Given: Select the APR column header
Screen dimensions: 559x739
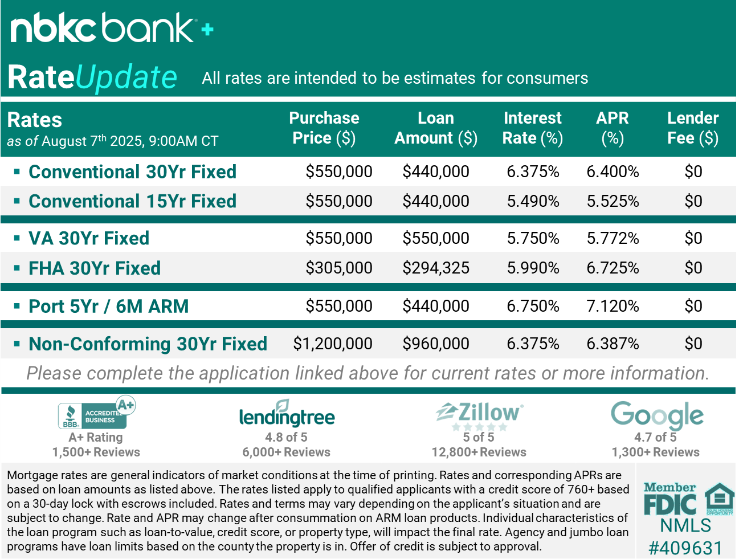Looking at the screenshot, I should (x=613, y=128).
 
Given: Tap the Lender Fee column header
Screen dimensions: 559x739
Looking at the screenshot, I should (x=693, y=128).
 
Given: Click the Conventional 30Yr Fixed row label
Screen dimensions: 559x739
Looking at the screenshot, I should (x=132, y=172).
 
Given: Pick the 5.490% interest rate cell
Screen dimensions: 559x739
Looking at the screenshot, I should (x=533, y=201).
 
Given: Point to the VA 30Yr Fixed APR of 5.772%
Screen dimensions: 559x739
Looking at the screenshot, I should (x=613, y=238).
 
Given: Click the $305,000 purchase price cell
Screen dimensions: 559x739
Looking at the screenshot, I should (x=338, y=268).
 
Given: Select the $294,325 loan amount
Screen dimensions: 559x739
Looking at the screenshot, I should (x=436, y=268).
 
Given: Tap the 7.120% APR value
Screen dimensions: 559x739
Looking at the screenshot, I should (x=613, y=306).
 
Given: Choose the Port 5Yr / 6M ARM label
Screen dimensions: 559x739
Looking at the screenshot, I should (x=108, y=306).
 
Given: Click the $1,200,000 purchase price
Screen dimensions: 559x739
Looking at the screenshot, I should (x=333, y=344).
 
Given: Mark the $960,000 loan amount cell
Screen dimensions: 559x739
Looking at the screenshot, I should (x=436, y=344).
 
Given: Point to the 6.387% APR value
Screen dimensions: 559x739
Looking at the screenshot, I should (x=613, y=344).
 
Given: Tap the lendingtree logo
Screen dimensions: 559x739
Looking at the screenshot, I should (x=287, y=415).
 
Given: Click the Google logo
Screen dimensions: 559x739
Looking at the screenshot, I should (x=657, y=415).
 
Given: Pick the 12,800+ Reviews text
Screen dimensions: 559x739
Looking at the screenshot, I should (x=479, y=452).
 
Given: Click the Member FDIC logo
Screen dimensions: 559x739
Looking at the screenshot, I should (x=669, y=499).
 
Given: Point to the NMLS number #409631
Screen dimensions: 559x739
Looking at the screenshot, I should (x=685, y=548).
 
